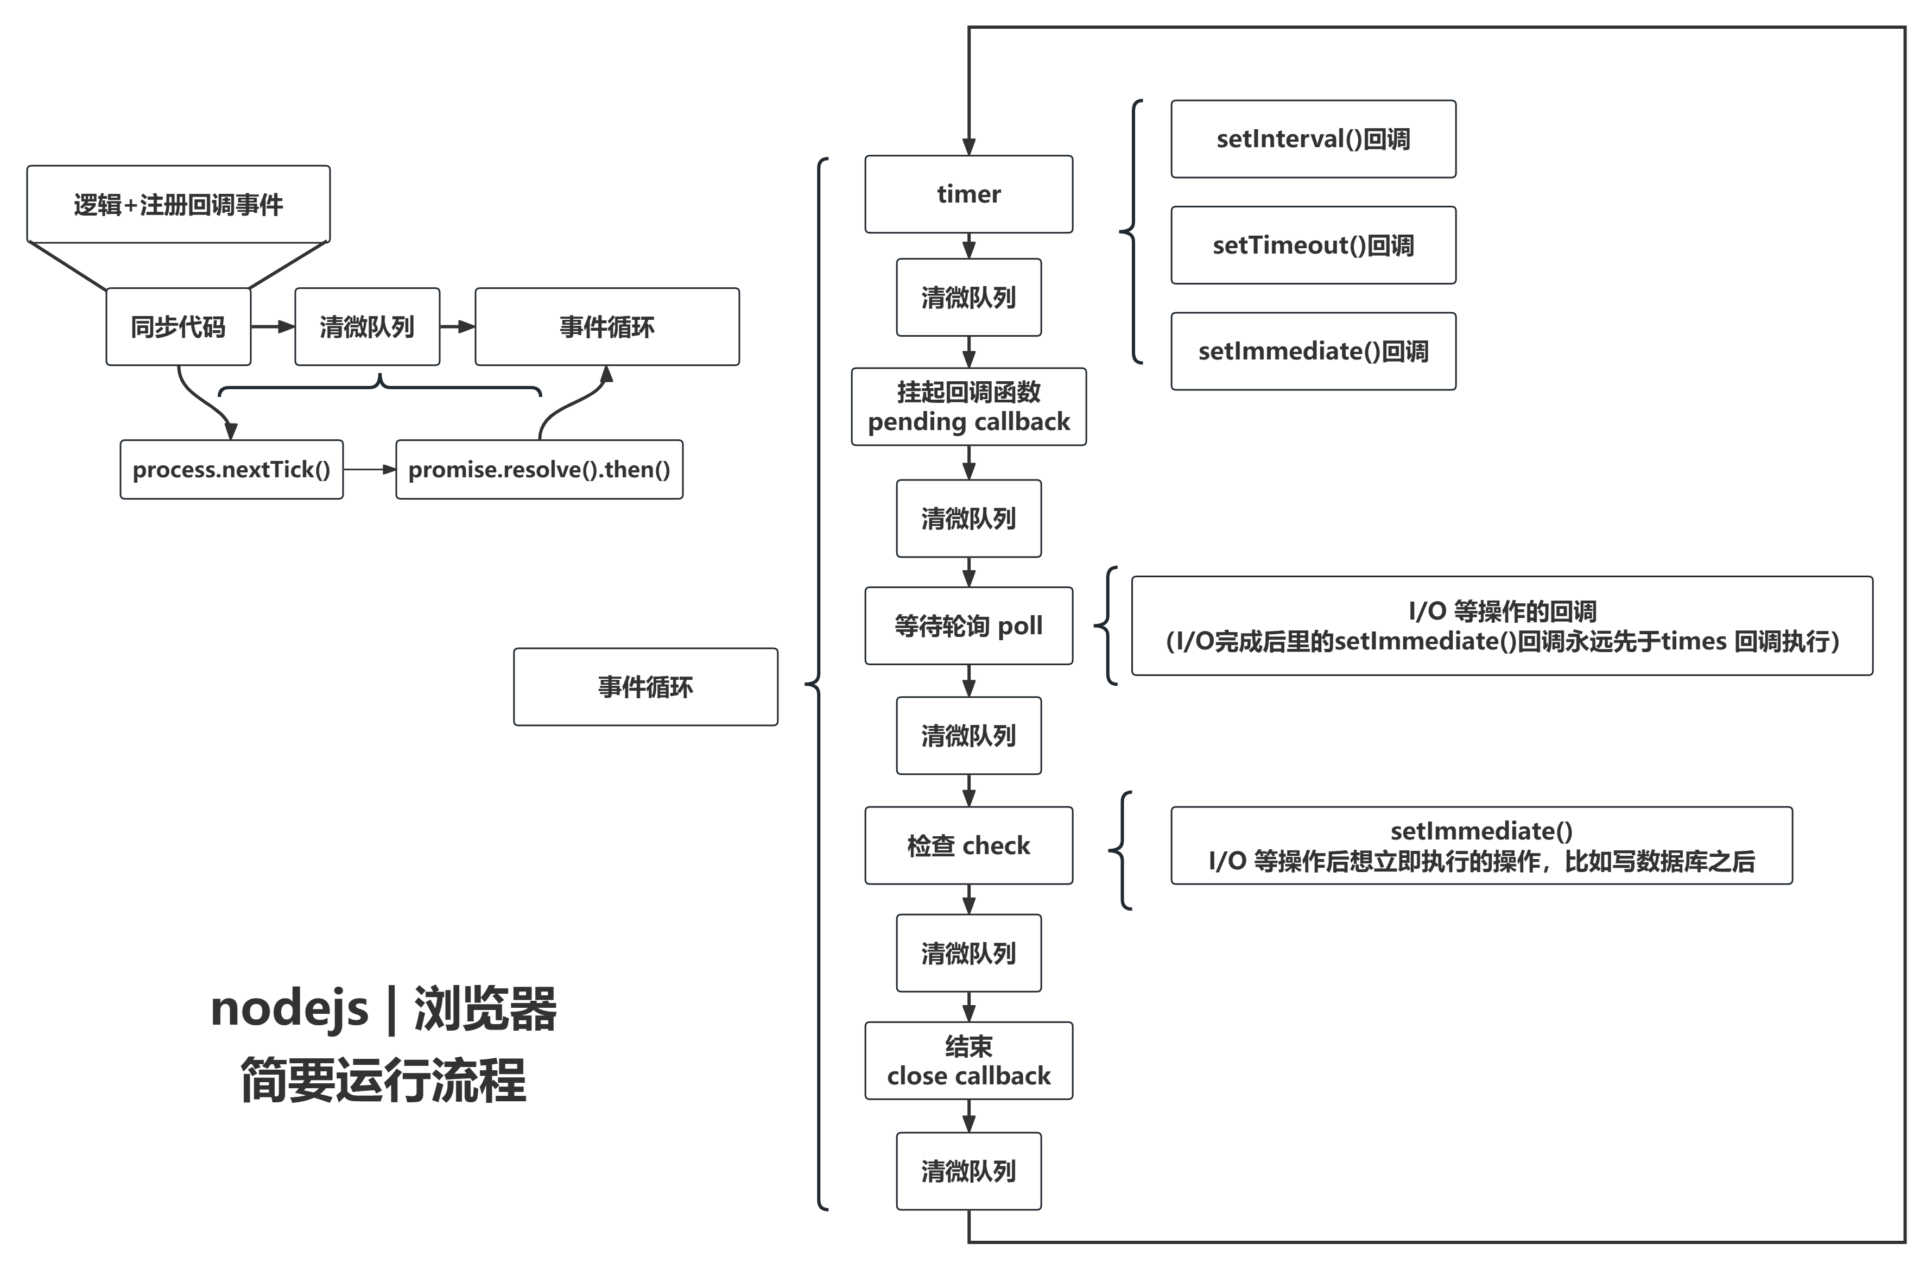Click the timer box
(968, 194)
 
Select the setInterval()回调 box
(1313, 139)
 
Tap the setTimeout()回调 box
(1313, 245)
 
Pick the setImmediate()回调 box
(1313, 351)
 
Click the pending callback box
(968, 407)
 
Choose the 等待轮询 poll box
(968, 626)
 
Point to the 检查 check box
(968, 845)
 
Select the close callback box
(968, 1060)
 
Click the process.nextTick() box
(231, 469)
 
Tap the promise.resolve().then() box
(539, 469)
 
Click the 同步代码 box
(178, 326)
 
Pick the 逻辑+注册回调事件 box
(178, 205)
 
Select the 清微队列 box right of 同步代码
(367, 326)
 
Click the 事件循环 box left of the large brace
(645, 687)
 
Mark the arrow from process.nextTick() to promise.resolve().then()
(369, 469)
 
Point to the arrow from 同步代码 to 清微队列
(273, 326)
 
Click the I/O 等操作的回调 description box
(1502, 626)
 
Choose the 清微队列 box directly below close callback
(968, 1171)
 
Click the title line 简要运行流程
(383, 1080)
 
